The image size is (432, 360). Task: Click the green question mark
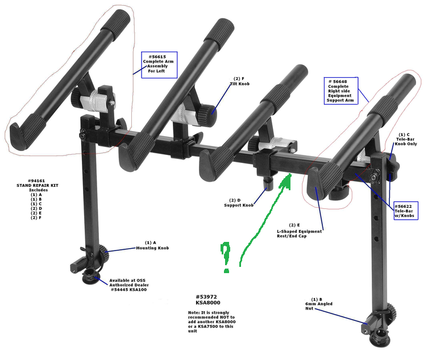(226, 257)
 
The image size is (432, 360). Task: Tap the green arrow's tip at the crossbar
(290, 174)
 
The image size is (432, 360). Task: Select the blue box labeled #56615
(159, 65)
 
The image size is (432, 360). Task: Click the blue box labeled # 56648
(341, 91)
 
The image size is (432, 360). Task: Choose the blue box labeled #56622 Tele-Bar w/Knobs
(406, 211)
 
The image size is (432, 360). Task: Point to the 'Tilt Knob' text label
(240, 83)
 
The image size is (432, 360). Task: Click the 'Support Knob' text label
(239, 205)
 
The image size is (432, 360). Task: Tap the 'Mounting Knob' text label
(152, 248)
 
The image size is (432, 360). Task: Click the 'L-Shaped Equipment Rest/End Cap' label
(299, 234)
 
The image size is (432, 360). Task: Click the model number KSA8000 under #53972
(208, 303)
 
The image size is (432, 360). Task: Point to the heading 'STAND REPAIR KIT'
(38, 186)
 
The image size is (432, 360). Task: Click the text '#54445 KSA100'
(128, 290)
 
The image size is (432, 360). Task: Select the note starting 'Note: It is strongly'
(211, 322)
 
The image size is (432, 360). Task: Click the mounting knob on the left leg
(104, 253)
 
